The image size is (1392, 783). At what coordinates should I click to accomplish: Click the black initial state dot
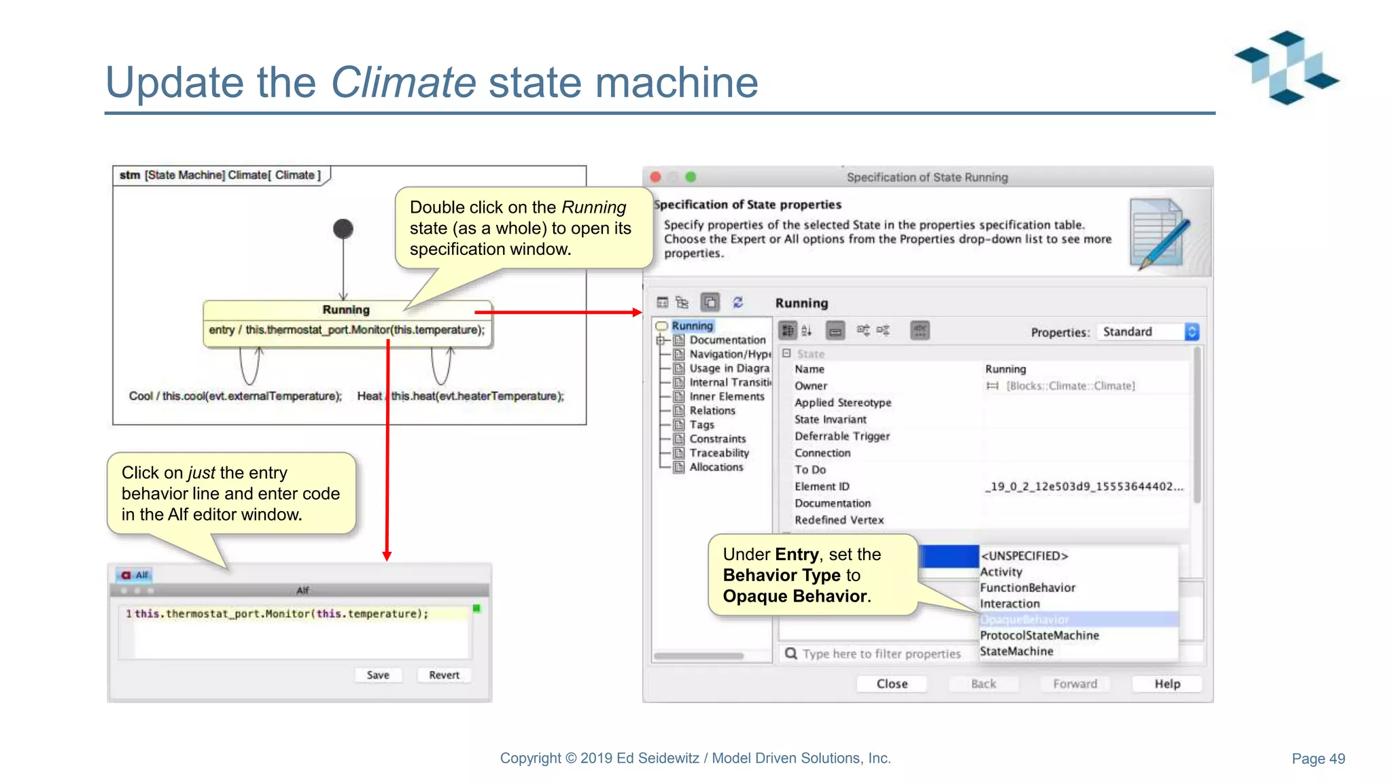[343, 229]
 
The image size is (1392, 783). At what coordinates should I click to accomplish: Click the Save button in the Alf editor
[378, 675]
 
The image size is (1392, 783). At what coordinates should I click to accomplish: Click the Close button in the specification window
[892, 684]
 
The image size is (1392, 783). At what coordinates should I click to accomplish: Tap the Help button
[1167, 684]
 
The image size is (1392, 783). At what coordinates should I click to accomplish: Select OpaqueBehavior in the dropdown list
[1024, 620]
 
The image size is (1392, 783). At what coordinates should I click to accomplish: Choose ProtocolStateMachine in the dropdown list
[1039, 636]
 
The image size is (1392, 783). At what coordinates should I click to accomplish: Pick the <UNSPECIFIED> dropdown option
[1024, 556]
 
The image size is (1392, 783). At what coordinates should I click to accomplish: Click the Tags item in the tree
[701, 425]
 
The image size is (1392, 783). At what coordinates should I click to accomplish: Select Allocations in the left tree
[716, 467]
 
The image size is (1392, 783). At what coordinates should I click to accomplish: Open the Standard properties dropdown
[1149, 332]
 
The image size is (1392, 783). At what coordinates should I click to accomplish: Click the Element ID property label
[822, 487]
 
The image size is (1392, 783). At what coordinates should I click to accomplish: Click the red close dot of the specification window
[656, 177]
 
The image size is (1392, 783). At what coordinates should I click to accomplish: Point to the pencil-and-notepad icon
[1160, 234]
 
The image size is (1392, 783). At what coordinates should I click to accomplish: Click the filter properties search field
[881, 654]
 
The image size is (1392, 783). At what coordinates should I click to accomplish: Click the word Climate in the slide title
[403, 82]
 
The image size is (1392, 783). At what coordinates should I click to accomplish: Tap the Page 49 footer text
[1318, 759]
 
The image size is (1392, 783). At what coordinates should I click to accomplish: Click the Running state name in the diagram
[346, 310]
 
